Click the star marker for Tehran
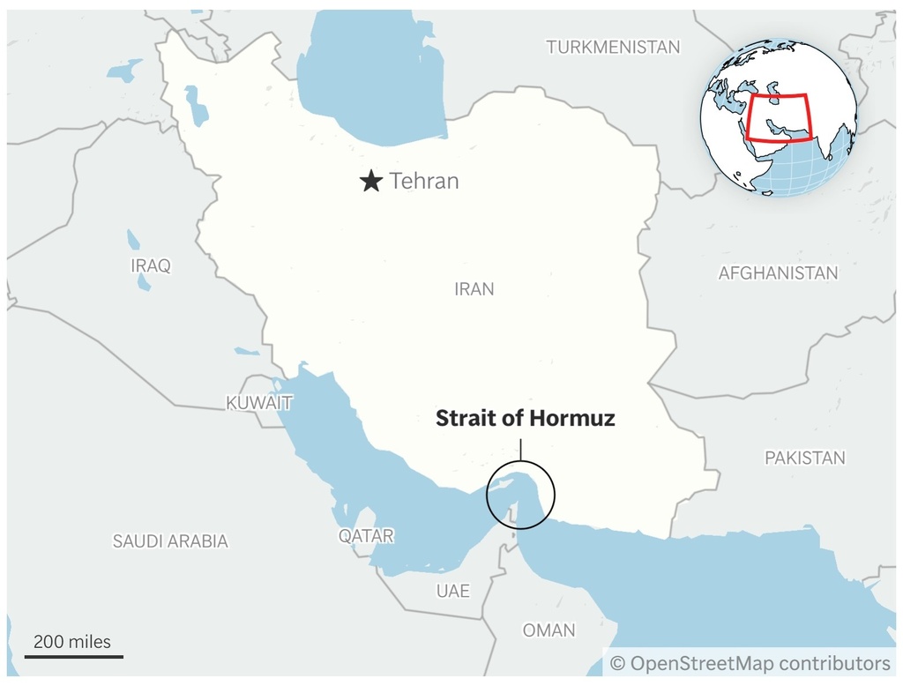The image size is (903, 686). (x=371, y=182)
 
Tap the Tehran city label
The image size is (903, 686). (x=424, y=182)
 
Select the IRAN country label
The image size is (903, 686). (x=474, y=289)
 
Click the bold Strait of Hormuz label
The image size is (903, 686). (x=525, y=419)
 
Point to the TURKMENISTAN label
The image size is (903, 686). (x=613, y=48)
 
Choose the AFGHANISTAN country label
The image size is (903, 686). (x=778, y=273)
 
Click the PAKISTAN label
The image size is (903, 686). (x=804, y=458)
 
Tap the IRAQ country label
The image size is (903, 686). (x=150, y=265)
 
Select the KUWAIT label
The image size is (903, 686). (x=259, y=403)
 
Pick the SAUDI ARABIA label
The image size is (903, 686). (x=170, y=541)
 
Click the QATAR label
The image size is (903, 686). (x=366, y=536)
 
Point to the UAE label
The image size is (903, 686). (x=452, y=591)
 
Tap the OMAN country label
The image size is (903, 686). (x=549, y=630)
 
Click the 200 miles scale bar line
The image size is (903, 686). (x=73, y=656)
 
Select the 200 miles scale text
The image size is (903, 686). (x=72, y=641)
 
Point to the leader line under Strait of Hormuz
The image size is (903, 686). (x=520, y=447)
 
